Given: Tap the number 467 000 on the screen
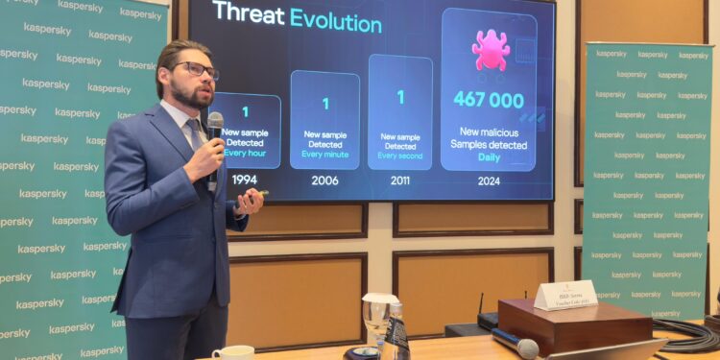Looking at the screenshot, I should click(x=489, y=100).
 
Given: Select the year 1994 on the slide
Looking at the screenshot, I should click(x=245, y=180).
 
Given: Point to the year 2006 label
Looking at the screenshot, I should click(x=324, y=180).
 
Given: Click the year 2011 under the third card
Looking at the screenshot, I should click(x=400, y=180).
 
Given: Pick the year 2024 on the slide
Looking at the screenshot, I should click(x=488, y=180).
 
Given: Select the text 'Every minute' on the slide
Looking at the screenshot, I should click(x=324, y=154).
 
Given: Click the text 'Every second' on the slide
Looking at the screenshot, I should click(x=400, y=156).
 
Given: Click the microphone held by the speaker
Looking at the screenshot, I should click(x=215, y=126).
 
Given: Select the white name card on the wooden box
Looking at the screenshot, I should click(x=565, y=296).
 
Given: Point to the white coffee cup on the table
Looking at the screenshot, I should click(x=233, y=352).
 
